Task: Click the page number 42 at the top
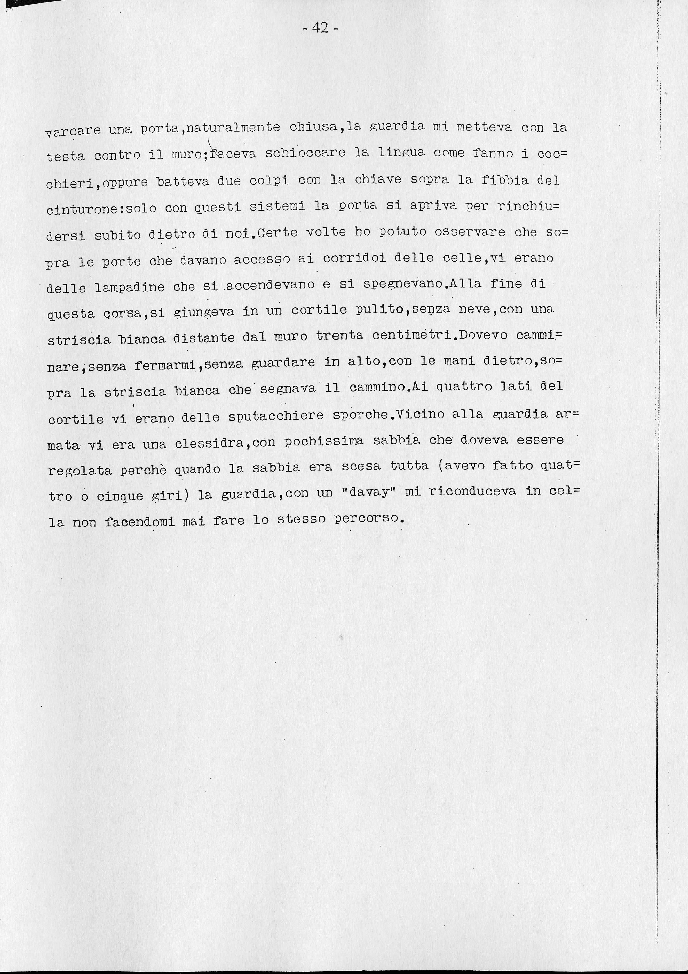[321, 28]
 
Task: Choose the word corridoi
[354, 258]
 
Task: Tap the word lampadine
[130, 287]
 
